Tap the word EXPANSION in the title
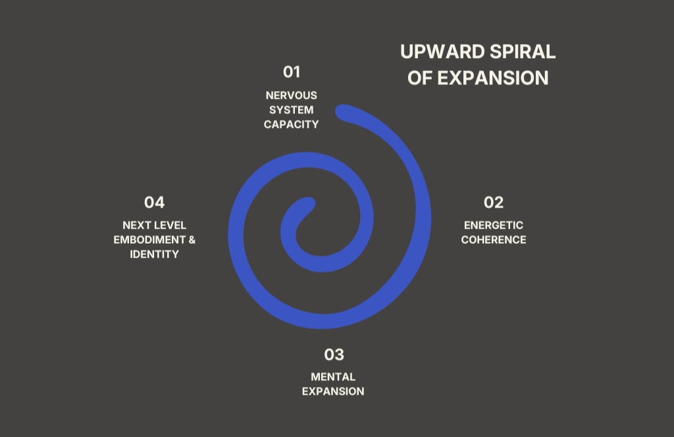493,78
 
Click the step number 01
292,71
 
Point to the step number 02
494,202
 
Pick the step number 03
334,355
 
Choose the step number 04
154,202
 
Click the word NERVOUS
292,96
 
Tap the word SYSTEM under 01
292,110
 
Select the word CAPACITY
292,125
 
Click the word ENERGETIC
494,225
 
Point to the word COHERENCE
494,240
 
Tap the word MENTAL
333,377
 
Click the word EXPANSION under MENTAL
333,392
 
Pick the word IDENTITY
154,254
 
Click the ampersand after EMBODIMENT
192,240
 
